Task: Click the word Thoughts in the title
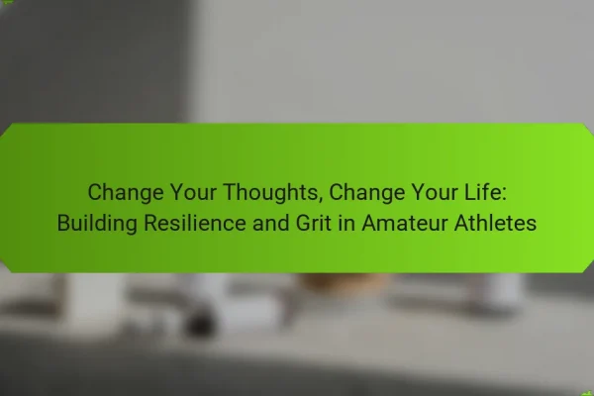pyautogui.click(x=270, y=192)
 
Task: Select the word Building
pyautogui.click(x=97, y=223)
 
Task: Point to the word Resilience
pyautogui.click(x=195, y=223)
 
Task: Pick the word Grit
pyautogui.click(x=314, y=223)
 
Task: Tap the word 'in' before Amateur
pyautogui.click(x=346, y=223)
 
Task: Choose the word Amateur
pyautogui.click(x=405, y=223)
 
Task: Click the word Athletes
pyautogui.click(x=495, y=223)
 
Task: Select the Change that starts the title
pyautogui.click(x=126, y=192)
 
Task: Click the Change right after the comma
pyautogui.click(x=367, y=192)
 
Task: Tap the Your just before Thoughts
pyautogui.click(x=193, y=192)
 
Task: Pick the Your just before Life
pyautogui.click(x=435, y=192)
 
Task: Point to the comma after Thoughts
pyautogui.click(x=321, y=200)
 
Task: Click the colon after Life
pyautogui.click(x=504, y=194)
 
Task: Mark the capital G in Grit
pyautogui.click(x=304, y=223)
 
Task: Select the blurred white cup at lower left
pyautogui.click(x=94, y=302)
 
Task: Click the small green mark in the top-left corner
pyautogui.click(x=7, y=2)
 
